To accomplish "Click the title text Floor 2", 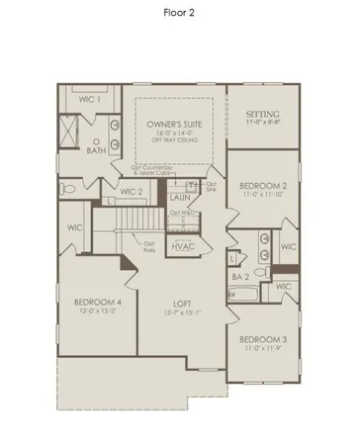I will point(179,15).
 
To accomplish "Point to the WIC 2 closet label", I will point(134,192).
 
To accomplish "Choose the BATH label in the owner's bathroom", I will point(96,151).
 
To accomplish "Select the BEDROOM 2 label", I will point(262,186).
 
